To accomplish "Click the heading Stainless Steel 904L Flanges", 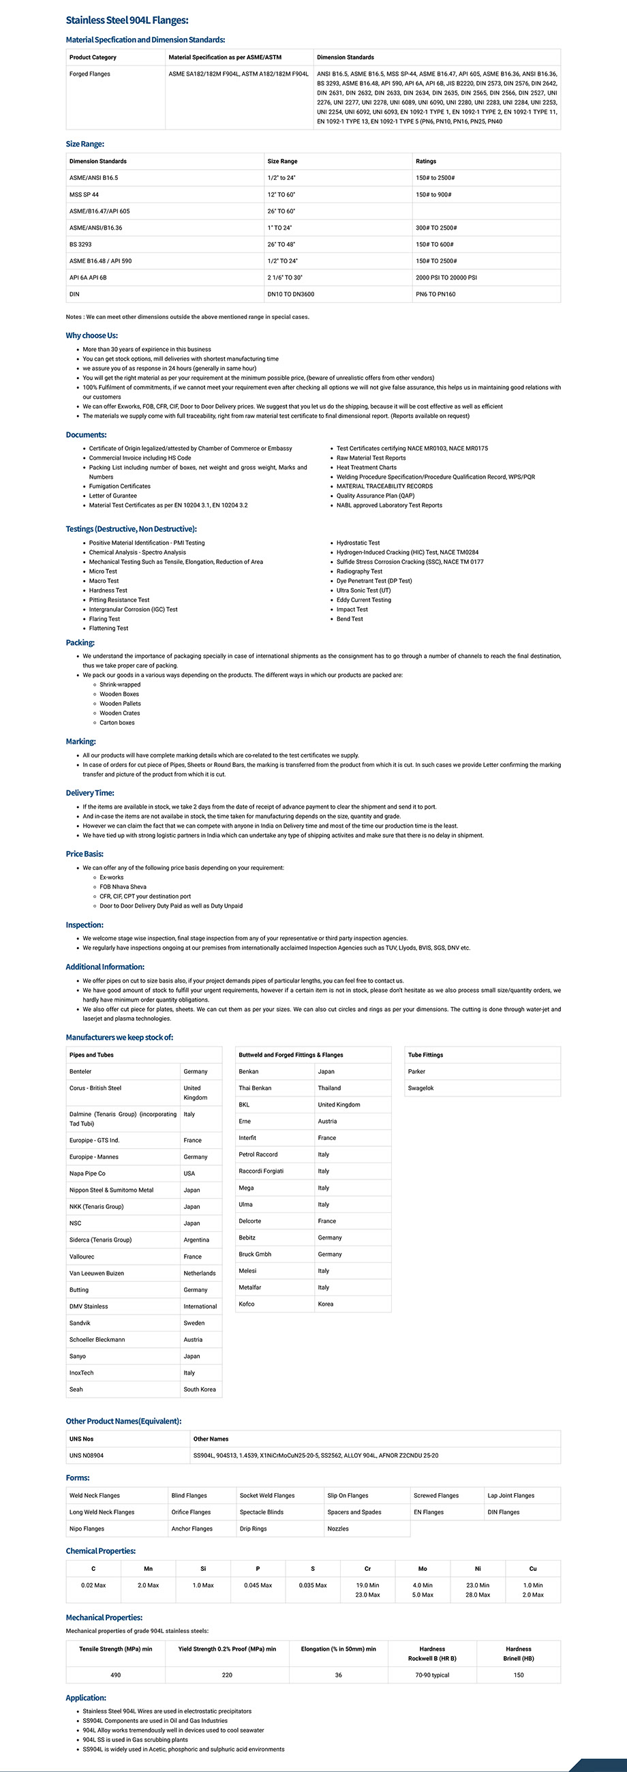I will pos(127,20).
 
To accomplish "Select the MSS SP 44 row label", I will pos(84,195).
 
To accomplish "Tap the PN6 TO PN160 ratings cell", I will pos(435,295).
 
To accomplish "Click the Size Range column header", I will pos(282,161).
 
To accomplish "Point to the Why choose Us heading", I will pos(91,335).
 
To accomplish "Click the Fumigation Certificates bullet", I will pos(120,486).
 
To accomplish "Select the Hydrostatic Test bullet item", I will pos(358,543).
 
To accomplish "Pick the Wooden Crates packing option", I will pos(121,713).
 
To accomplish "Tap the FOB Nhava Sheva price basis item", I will pos(123,887).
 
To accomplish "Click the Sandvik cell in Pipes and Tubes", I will pos(80,1323).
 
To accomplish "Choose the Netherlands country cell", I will pos(200,1274).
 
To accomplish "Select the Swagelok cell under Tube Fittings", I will pos(420,1088).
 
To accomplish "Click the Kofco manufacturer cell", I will pos(247,1304).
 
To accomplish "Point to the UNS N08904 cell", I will pos(87,1455).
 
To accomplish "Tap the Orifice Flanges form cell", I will pos(191,1512).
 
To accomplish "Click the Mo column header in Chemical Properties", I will pos(423,1568).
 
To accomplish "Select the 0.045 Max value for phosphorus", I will pos(258,1585).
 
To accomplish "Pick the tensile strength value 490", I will pos(115,1675).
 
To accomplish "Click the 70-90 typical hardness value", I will pos(433,1675).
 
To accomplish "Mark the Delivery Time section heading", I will pos(90,793).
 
